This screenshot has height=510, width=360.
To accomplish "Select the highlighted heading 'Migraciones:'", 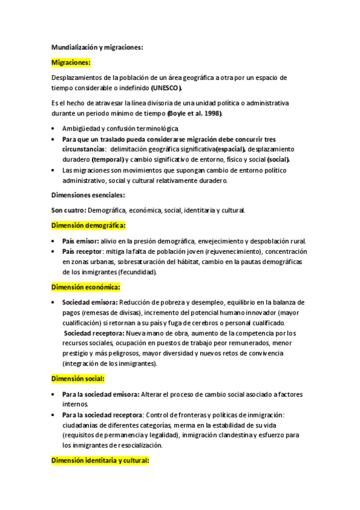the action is tap(72, 62).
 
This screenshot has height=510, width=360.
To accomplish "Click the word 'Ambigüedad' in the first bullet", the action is tap(82, 129).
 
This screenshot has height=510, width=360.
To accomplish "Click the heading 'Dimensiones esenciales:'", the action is tap(88, 195).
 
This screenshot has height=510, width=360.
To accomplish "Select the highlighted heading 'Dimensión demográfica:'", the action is tap(88, 226).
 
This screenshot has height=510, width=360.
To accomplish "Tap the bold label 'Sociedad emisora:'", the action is tap(90, 303).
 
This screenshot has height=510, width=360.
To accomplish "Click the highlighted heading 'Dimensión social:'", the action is tap(78, 379).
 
